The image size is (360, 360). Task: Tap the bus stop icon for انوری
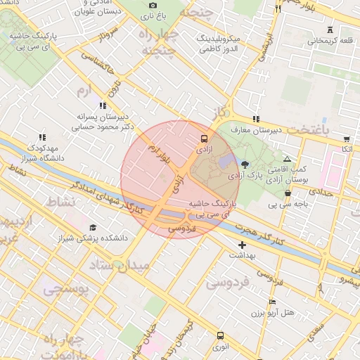[220, 335]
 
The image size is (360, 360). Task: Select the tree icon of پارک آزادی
[244, 164]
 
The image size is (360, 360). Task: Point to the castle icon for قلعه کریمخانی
[330, 30]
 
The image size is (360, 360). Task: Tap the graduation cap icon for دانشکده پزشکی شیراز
[93, 228]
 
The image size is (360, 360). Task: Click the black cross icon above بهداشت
[243, 245]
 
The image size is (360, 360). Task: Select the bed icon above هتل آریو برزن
[273, 302]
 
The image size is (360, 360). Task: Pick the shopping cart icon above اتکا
[346, 139]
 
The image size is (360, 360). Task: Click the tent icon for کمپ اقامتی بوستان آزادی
[287, 160]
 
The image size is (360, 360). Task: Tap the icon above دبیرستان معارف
[256, 119]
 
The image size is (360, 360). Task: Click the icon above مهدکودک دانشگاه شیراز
[42, 137]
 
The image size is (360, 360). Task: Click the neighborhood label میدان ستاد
[120, 266]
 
